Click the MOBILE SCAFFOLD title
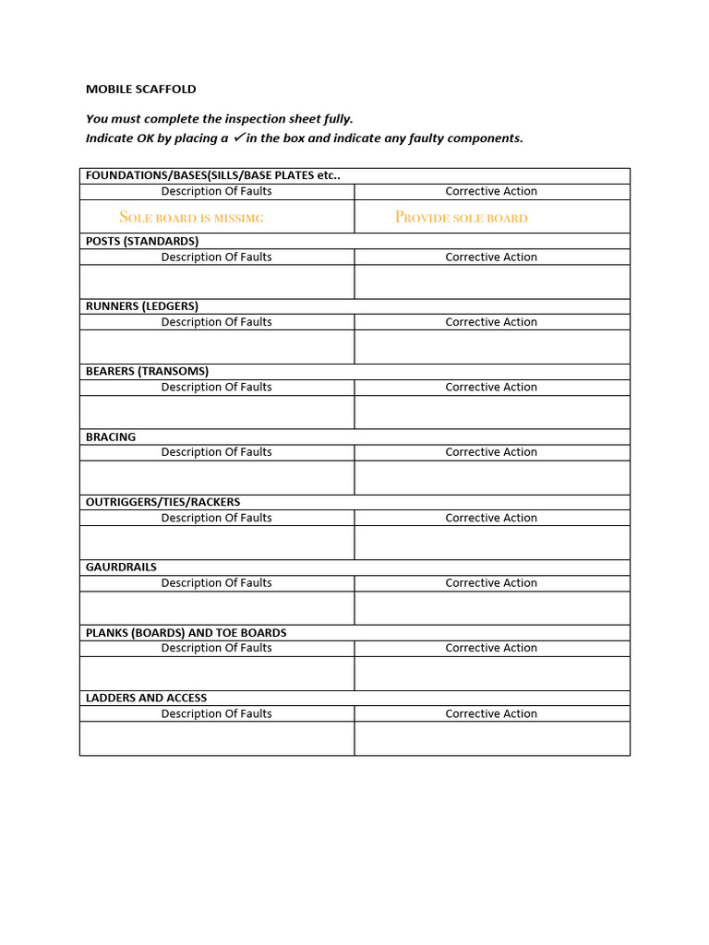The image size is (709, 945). pos(140,90)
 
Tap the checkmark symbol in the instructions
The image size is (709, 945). pos(238,138)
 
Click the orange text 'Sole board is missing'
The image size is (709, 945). pos(191,218)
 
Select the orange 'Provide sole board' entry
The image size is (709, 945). pos(461,218)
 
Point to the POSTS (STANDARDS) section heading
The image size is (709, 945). pos(141,241)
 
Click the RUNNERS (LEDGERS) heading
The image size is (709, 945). pos(141,306)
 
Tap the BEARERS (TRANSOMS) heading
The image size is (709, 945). pos(147,371)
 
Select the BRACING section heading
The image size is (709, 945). pos(111,437)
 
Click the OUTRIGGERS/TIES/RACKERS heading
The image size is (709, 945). pos(162,502)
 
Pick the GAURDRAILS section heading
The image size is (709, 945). pos(121,567)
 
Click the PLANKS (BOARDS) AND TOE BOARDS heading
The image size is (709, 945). pos(186,633)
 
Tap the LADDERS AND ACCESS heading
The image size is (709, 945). pos(146,698)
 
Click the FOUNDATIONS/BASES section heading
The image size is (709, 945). pos(212,175)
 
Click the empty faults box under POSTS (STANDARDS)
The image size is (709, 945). pos(217,281)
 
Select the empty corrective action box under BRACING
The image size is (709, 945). pos(491,477)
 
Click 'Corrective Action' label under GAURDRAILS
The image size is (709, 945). pos(491,583)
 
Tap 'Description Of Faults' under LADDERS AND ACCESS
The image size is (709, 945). pos(216,713)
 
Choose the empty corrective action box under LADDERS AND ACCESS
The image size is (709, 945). pos(491,738)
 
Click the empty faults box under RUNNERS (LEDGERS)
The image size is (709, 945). pos(217,347)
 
